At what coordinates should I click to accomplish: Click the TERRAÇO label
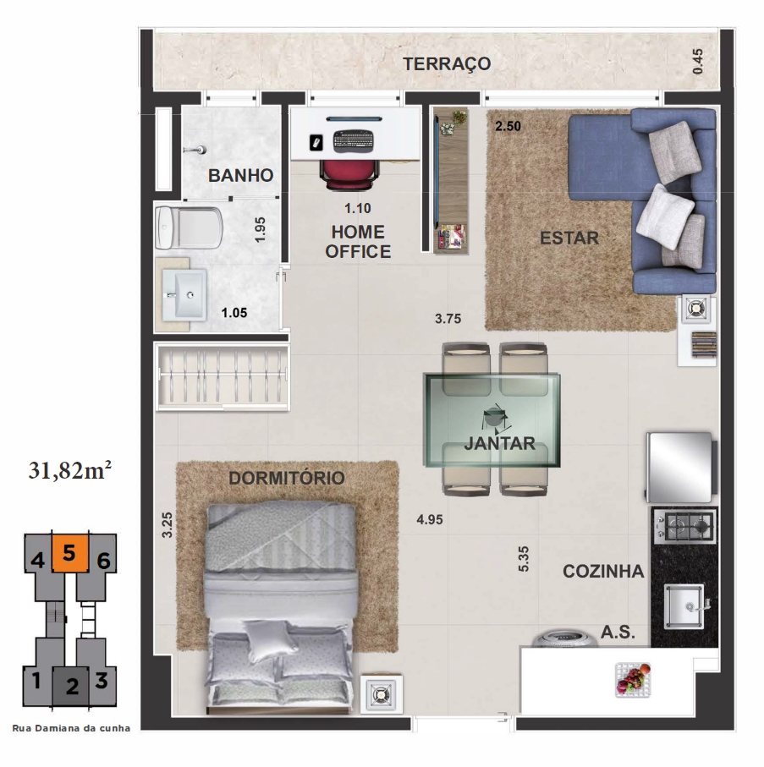click(447, 64)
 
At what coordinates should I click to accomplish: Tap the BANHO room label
click(240, 175)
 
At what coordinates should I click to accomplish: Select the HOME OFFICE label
click(358, 242)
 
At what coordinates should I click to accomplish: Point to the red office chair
click(349, 173)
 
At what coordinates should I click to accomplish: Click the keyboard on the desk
click(354, 141)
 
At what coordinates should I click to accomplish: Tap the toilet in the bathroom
click(188, 227)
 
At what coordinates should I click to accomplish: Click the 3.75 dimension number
click(448, 319)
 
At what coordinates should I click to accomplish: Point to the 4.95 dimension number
click(430, 519)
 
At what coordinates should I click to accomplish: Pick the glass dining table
click(492, 419)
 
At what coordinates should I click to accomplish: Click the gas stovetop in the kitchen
click(684, 526)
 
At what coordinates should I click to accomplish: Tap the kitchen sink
click(684, 606)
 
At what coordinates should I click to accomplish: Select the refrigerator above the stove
click(680, 467)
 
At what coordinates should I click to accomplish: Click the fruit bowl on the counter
click(633, 678)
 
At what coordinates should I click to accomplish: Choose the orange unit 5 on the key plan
click(69, 553)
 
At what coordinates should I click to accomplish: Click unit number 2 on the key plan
click(72, 687)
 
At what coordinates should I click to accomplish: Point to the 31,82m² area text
click(70, 470)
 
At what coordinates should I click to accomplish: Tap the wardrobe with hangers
click(223, 375)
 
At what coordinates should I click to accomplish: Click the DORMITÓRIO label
click(287, 478)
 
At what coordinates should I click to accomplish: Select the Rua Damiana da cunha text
click(71, 728)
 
